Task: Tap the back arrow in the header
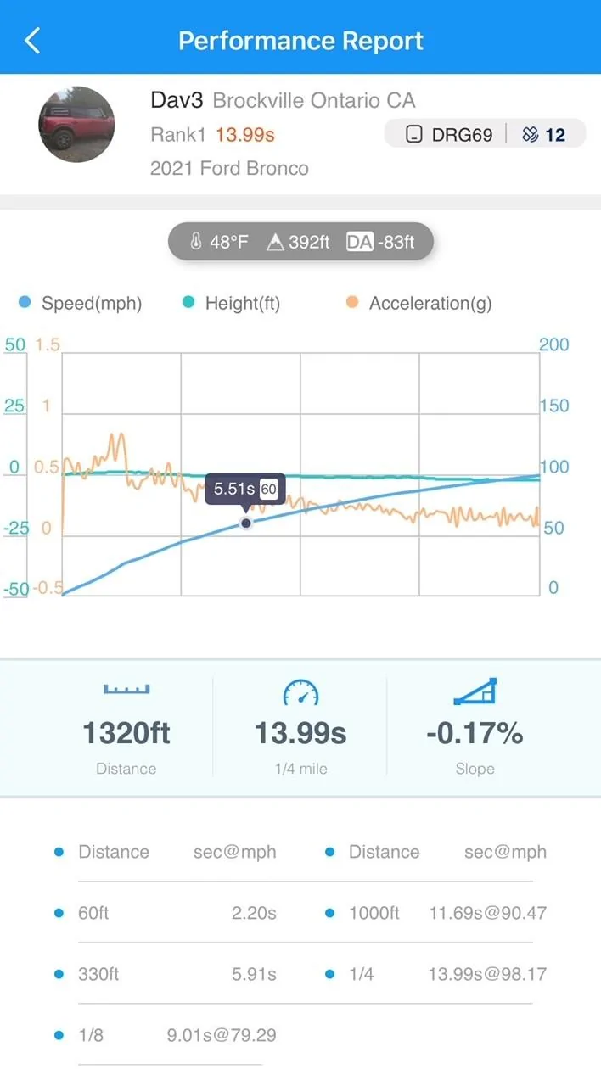[32, 40]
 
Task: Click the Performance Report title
[300, 41]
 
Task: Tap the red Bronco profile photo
[76, 124]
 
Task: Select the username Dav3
[177, 100]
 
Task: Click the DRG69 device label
[462, 134]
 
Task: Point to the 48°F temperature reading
[229, 242]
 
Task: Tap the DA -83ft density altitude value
[380, 242]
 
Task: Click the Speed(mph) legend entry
[92, 303]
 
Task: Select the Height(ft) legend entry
[243, 303]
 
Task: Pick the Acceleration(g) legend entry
[430, 303]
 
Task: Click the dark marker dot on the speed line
[246, 523]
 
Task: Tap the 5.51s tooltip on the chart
[245, 489]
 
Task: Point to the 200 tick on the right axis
[554, 344]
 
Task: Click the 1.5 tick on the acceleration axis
[48, 344]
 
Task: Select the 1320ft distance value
[126, 732]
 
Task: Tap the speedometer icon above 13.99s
[300, 691]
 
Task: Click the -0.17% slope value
[475, 732]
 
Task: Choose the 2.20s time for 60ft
[254, 913]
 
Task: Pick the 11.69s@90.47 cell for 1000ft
[488, 913]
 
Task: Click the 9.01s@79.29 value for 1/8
[222, 1035]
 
